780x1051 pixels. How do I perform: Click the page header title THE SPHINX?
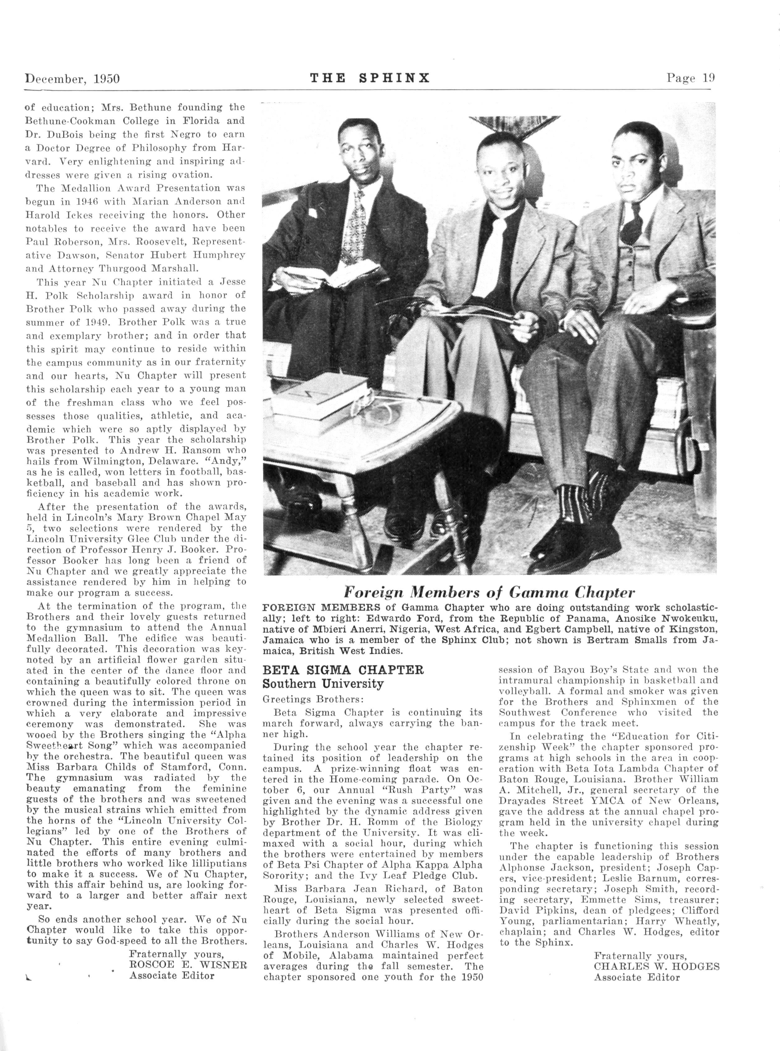370,78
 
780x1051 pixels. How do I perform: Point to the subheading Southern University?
323,684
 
